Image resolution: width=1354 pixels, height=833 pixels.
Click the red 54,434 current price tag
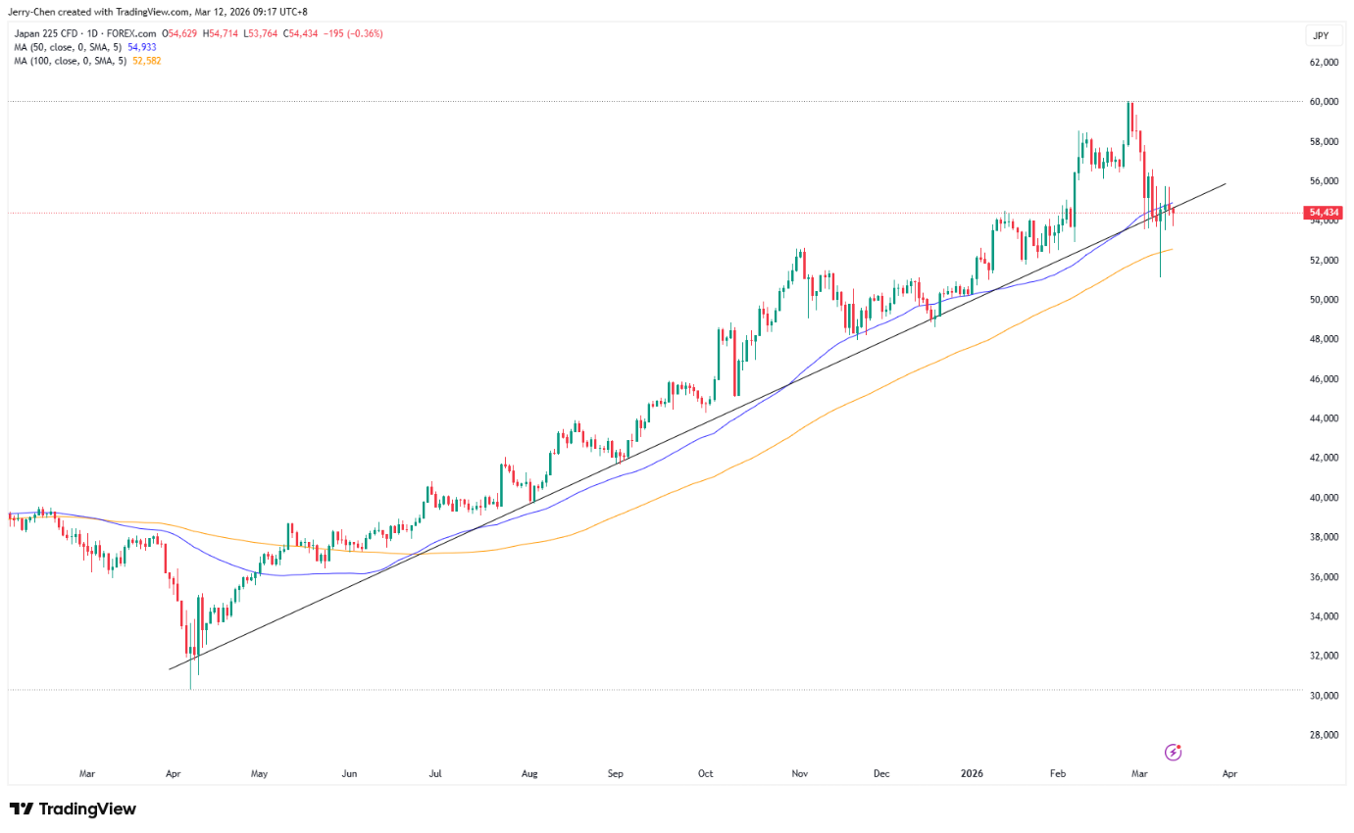(x=1324, y=213)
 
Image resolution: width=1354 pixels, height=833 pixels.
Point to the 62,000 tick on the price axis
(x=1324, y=62)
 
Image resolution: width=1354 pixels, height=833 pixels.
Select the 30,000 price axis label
(x=1324, y=695)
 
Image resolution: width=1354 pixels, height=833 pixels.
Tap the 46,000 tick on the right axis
(x=1324, y=378)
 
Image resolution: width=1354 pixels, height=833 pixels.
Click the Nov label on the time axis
(x=800, y=773)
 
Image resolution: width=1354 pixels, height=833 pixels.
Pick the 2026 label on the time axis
(x=972, y=773)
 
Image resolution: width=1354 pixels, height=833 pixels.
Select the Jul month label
(x=435, y=773)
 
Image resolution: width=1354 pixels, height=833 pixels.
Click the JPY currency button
(x=1322, y=35)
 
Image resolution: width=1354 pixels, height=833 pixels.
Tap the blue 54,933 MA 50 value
(x=142, y=47)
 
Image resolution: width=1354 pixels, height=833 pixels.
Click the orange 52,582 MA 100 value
(x=147, y=61)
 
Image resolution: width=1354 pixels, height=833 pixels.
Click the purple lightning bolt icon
(x=1173, y=752)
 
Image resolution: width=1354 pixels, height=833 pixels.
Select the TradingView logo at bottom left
(x=74, y=808)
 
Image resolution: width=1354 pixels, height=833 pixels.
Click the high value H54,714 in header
(x=220, y=34)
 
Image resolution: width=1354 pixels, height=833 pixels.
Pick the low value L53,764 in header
(x=261, y=34)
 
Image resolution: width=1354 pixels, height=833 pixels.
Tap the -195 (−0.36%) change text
(x=353, y=34)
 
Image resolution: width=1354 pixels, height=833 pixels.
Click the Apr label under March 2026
(x=1229, y=773)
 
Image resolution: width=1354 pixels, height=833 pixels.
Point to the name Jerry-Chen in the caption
(x=31, y=12)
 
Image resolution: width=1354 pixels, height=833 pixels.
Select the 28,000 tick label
(x=1324, y=735)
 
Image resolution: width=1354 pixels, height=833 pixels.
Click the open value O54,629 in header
(x=179, y=34)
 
